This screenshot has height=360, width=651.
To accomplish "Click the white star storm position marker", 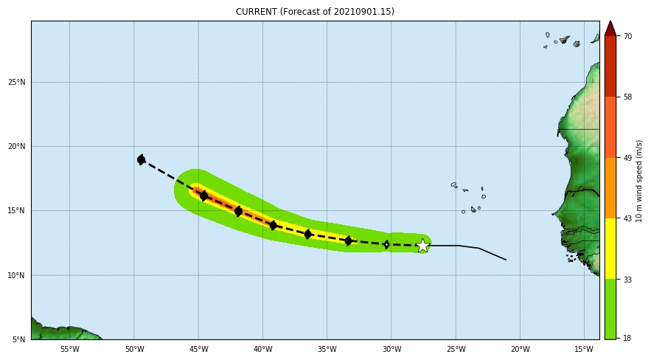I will tap(422, 246).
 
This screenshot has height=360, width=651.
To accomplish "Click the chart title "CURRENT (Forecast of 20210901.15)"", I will tap(315, 12).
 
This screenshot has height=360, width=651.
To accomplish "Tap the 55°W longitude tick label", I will tap(69, 350).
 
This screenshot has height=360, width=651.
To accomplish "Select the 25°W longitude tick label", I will tap(456, 350).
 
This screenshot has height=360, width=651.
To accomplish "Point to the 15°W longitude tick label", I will tap(584, 350).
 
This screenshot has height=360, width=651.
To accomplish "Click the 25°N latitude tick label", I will tap(17, 82).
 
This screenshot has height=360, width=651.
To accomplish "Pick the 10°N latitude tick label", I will tap(17, 275).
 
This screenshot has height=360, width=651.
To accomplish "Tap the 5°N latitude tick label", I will tap(19, 339).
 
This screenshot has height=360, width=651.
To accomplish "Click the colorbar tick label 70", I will tap(627, 36).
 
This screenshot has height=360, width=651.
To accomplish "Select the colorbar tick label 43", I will tap(627, 218).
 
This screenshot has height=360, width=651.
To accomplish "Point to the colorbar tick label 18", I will tap(627, 339).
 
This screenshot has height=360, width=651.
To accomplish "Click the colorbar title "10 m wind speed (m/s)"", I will tap(639, 181).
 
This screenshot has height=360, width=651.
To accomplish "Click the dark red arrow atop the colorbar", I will tap(610, 28).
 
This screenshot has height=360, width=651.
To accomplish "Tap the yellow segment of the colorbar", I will tap(610, 248).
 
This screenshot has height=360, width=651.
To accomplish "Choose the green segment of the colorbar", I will tap(610, 308).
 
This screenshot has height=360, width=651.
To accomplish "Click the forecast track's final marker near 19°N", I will tap(141, 159).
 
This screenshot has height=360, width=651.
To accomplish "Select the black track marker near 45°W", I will tap(203, 195).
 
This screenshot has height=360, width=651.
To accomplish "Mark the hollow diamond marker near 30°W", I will tap(386, 244).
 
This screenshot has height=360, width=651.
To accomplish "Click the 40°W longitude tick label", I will tap(262, 350).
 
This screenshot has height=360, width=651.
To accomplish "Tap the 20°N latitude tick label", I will tap(17, 146).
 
